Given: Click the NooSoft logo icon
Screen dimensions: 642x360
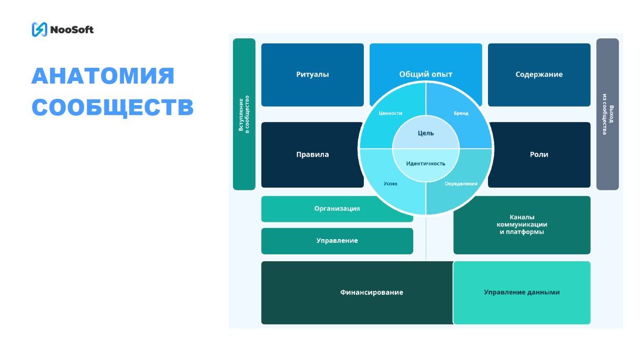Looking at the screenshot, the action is click(39, 29).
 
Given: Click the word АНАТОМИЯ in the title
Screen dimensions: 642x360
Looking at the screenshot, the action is click(103, 76).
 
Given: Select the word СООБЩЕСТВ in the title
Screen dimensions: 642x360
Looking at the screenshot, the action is click(113, 107).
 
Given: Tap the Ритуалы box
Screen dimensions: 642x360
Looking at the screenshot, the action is click(312, 75).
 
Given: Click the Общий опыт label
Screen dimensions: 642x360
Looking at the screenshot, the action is click(425, 74).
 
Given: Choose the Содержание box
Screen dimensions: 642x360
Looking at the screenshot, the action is click(539, 75).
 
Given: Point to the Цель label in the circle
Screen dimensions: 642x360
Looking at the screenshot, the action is click(425, 133).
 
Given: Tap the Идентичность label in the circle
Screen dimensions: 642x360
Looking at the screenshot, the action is click(425, 163).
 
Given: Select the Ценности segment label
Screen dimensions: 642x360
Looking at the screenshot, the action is click(390, 113).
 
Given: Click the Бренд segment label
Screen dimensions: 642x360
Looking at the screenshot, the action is click(461, 113).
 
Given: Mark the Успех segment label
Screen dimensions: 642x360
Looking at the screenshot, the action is click(390, 183).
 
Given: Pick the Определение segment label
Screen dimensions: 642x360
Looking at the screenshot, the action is click(461, 183).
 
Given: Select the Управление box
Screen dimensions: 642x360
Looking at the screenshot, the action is click(337, 241).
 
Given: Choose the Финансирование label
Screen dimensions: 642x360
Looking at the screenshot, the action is click(371, 292).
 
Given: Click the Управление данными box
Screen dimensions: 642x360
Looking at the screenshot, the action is click(522, 292).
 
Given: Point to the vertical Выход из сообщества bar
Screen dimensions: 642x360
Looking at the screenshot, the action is click(607, 114).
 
